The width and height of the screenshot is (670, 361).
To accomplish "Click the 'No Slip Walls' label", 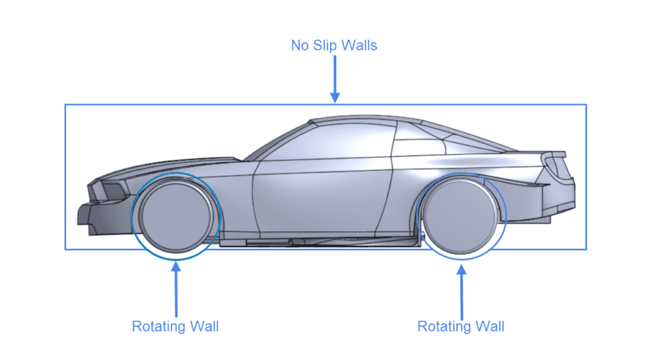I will click(x=334, y=46).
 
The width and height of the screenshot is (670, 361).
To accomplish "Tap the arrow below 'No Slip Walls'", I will click(x=334, y=79).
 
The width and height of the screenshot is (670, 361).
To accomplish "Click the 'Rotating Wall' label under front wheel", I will click(x=175, y=326).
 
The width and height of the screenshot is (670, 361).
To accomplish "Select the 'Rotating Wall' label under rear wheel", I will click(x=461, y=326).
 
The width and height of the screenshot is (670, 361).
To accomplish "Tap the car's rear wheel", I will click(x=458, y=216).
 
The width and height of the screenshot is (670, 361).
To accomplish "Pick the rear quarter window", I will click(x=425, y=148).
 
